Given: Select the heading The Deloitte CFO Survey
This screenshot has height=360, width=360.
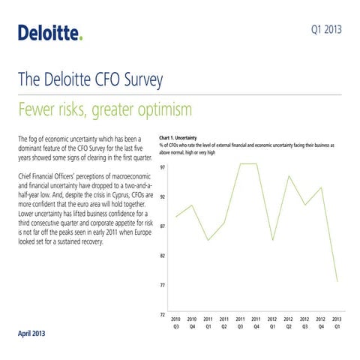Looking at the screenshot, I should [88, 81].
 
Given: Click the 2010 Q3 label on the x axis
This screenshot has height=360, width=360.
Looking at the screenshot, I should [176, 323].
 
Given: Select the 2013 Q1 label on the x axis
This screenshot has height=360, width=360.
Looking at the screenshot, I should [337, 323].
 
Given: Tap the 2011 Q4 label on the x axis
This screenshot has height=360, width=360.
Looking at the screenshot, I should [256, 323].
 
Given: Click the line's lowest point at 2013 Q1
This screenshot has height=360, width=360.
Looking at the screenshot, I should [337, 282].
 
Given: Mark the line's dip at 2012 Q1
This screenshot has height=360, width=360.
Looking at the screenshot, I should [273, 240].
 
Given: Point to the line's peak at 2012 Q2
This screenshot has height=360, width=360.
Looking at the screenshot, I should [289, 176].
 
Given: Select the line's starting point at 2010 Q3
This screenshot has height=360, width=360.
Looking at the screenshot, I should [176, 217].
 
